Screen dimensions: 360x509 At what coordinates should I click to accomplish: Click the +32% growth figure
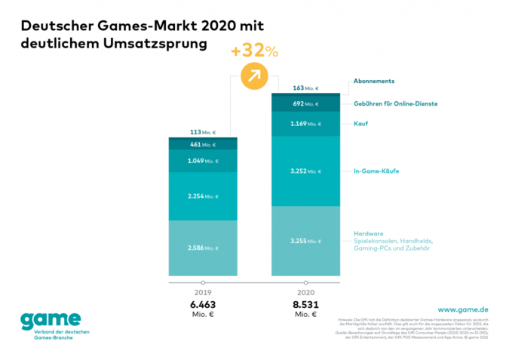256,52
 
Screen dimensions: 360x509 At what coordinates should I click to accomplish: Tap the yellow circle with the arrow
255,76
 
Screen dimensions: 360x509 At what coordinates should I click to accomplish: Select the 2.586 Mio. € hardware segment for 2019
203,248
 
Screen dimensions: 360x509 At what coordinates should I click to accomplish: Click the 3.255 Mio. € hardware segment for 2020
305,241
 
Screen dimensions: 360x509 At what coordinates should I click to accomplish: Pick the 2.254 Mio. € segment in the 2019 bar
203,196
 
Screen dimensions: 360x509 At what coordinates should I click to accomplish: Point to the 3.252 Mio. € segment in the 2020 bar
305,171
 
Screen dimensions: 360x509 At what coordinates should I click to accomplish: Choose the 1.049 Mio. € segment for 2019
203,161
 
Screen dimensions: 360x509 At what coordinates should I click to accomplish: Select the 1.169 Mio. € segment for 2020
305,124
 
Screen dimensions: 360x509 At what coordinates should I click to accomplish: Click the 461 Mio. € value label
203,143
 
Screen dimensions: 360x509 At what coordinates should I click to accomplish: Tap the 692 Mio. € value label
305,103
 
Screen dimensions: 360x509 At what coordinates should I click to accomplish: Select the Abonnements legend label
374,81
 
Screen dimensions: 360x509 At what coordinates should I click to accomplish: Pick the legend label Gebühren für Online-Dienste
396,103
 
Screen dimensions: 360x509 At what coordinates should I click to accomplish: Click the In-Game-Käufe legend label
376,171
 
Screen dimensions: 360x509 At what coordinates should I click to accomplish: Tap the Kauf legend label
360,124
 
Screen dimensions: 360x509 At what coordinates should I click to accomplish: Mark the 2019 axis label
203,294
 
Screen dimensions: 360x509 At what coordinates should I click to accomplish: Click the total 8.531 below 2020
305,304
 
